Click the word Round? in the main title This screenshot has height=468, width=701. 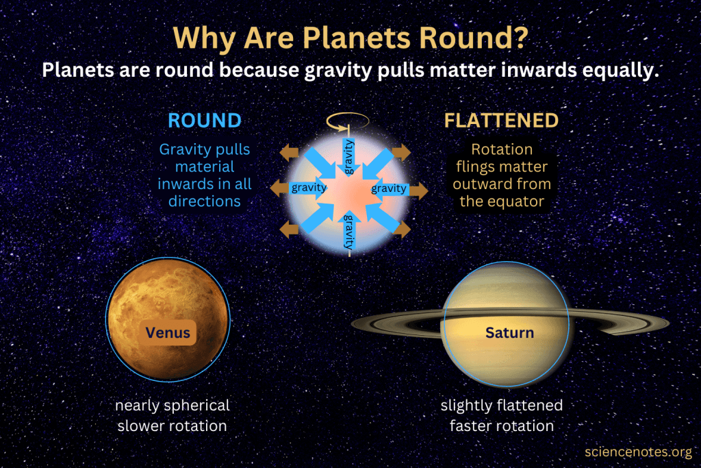coord(474,38)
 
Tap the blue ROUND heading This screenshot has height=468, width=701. coord(205,121)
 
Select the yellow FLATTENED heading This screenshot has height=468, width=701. coord(501,121)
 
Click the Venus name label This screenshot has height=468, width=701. coord(168,332)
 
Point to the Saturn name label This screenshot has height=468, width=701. coord(509,332)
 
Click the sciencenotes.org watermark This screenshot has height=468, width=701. coord(639,452)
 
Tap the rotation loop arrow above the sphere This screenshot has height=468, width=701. coord(348,121)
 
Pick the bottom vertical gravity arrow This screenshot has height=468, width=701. coord(349,230)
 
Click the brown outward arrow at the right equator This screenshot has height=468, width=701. coord(419,191)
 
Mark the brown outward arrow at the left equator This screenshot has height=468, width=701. coord(279,188)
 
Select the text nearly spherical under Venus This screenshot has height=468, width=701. coord(173,406)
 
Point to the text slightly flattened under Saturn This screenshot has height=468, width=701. coord(502,406)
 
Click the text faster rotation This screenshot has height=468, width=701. coord(502,426)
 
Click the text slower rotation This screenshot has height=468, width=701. coord(172,426)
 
